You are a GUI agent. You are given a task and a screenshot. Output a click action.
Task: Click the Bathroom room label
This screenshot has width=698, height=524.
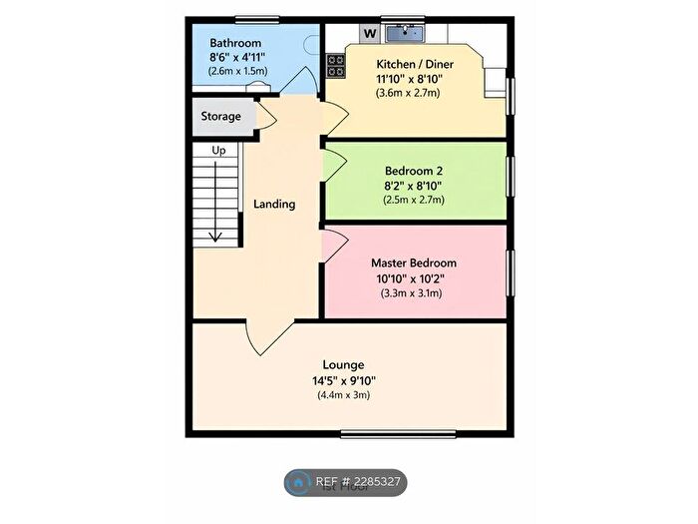pos(235,43)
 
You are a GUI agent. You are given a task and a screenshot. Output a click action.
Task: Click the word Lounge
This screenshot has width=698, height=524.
pos(343,364)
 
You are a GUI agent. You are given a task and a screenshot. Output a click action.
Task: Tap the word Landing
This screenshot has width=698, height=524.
pos(274,204)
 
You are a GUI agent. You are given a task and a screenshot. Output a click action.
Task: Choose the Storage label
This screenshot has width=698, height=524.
pos(221,117)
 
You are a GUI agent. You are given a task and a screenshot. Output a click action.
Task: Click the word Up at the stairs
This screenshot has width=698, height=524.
pos(217,150)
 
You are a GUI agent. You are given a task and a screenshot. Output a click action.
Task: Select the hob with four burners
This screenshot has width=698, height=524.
pos(334,66)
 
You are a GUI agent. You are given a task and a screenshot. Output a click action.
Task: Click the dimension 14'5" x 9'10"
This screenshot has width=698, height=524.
pos(343,380)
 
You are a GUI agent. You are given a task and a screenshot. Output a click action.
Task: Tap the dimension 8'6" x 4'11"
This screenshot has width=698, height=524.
pos(235,58)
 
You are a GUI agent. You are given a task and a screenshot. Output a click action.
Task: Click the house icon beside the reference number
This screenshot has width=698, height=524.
pos(299,482)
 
